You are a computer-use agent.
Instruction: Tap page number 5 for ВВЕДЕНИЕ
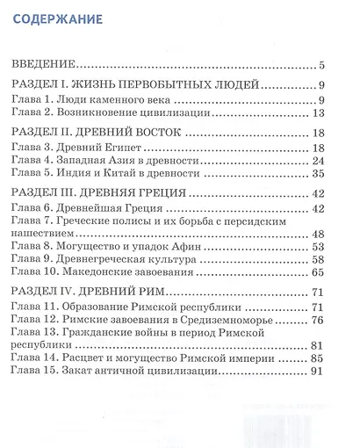point(323,64)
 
